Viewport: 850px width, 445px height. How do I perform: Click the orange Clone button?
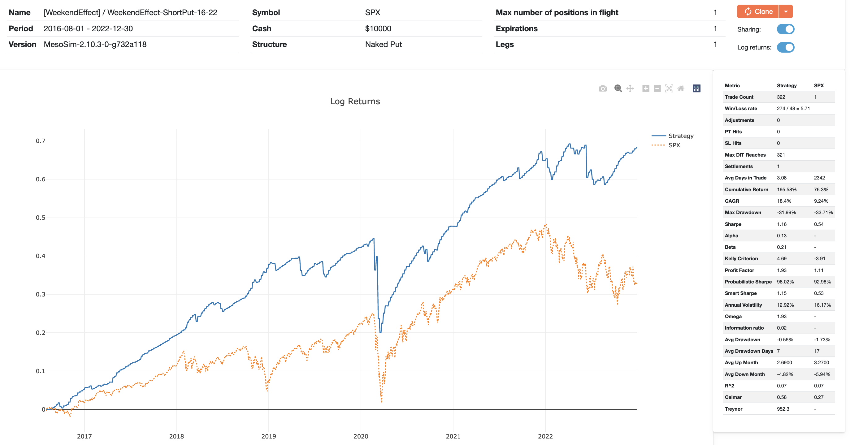click(758, 11)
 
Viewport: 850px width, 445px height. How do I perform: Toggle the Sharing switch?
click(785, 29)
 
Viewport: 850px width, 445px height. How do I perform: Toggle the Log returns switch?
click(785, 47)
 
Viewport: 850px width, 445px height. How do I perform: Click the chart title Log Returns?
click(355, 101)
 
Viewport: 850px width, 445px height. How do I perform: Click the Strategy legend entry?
click(680, 136)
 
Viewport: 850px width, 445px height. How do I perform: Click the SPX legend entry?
click(674, 145)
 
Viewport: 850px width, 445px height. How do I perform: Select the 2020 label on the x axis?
click(361, 436)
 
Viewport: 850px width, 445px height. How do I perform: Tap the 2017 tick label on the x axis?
click(85, 436)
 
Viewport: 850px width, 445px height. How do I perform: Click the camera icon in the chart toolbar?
click(603, 89)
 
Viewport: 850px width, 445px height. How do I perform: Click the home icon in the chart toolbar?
click(681, 89)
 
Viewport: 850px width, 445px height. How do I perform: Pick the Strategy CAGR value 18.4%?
click(784, 201)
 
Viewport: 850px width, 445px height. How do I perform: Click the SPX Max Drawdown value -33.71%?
click(823, 212)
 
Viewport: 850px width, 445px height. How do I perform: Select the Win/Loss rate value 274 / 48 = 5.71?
click(793, 109)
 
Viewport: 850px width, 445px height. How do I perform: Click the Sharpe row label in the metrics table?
click(733, 224)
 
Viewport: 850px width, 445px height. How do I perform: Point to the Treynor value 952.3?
click(783, 409)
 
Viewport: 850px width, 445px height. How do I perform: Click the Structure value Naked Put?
click(383, 45)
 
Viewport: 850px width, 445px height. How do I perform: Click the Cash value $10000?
click(378, 29)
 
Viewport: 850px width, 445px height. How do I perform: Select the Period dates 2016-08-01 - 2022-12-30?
click(88, 29)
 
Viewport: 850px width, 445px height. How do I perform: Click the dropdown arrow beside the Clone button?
click(786, 11)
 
